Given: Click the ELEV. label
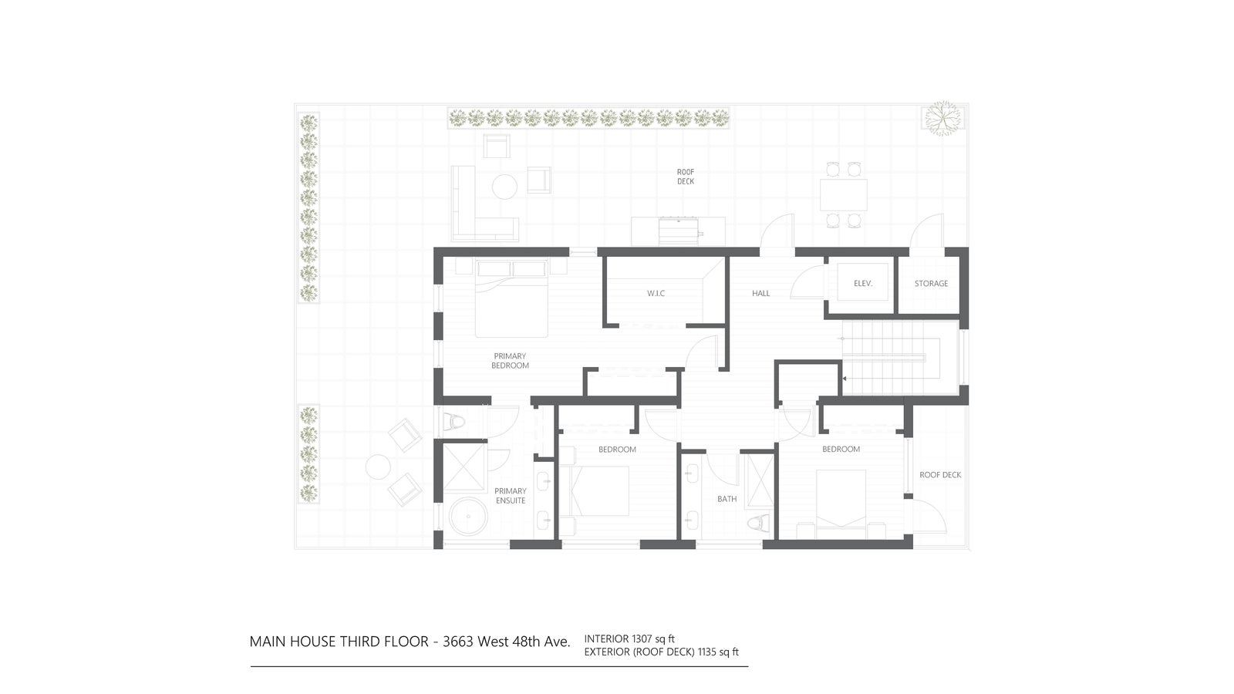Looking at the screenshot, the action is (x=863, y=284).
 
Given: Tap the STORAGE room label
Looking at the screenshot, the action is (x=931, y=284).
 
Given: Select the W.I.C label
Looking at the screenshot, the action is (x=656, y=294).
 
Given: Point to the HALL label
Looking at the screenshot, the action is (x=760, y=294).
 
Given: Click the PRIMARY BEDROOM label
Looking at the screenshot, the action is (x=510, y=361).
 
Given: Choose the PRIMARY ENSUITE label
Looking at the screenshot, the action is (x=510, y=496).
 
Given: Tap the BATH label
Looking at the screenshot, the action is (x=727, y=499).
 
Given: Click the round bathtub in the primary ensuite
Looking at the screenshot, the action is (x=468, y=517).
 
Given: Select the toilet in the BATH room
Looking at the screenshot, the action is (x=758, y=524).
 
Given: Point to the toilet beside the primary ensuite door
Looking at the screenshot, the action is (x=454, y=423).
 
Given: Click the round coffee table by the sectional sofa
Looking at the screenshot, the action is (x=504, y=187).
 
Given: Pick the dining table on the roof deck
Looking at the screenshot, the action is (x=844, y=194).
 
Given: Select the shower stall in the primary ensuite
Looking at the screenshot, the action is (x=464, y=467).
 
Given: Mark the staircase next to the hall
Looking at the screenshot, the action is (x=892, y=358).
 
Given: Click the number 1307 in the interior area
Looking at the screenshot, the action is (x=642, y=639).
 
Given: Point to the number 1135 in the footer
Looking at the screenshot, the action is (x=707, y=652).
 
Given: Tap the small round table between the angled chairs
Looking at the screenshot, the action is (x=379, y=467).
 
